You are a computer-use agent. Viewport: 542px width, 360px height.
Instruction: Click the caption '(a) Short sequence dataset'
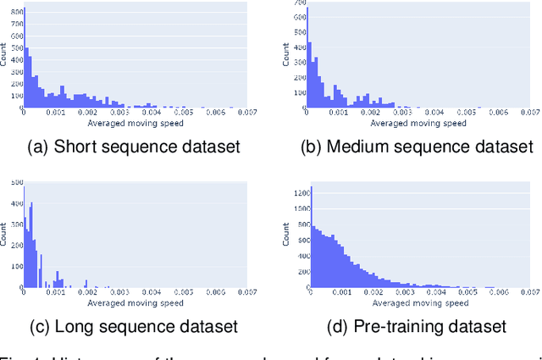point(134,147)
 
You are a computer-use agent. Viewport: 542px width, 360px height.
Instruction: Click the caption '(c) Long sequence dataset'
point(134,326)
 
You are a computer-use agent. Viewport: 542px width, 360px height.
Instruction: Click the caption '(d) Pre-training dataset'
point(418,326)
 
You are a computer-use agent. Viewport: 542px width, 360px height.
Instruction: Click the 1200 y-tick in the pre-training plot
point(299,195)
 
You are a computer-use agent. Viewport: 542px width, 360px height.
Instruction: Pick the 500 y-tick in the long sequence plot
point(16,184)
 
